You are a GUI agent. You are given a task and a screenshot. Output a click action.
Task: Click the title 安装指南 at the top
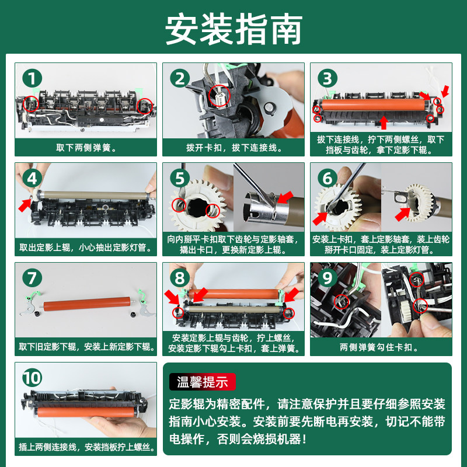coord(234,29)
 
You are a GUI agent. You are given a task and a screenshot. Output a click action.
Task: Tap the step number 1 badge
coord(32,78)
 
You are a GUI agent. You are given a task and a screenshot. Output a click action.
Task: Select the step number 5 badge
coord(180,178)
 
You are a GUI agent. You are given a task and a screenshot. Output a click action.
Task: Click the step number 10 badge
coord(32,378)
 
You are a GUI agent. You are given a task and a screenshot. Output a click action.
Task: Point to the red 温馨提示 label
coord(203,382)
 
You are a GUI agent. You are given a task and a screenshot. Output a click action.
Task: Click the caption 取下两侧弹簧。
coord(86,148)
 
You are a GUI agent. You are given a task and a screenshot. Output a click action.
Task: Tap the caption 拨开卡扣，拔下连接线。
coord(234,148)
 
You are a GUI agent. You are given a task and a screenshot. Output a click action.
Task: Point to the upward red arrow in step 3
coord(384,123)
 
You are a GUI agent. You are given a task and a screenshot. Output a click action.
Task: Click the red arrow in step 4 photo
coord(25,205)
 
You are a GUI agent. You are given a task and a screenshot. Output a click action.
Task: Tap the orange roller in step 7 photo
coord(87,304)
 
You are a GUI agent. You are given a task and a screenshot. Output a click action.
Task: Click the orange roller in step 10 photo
coord(86,412)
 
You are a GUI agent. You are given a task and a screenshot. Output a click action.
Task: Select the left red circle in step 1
coord(31,104)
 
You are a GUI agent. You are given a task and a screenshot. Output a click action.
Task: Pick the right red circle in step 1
coord(145,106)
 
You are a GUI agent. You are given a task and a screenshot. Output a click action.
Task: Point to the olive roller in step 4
coord(95,196)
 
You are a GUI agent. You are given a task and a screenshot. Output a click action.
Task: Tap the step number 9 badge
coord(327,278)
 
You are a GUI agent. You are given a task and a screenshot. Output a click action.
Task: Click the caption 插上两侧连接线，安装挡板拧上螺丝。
coord(86,447)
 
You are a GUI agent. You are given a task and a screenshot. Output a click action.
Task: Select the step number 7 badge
coord(32,278)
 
